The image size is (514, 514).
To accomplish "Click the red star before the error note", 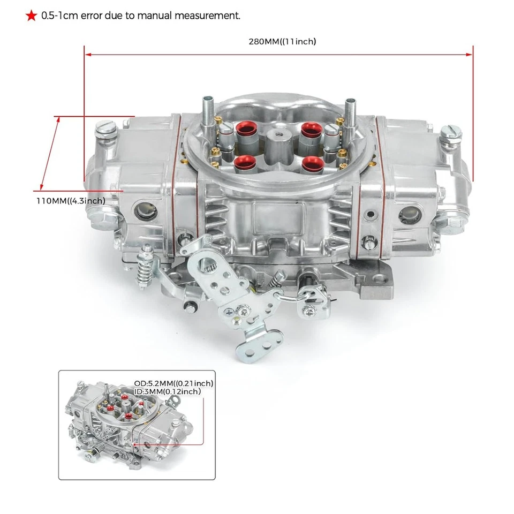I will coord(31,16).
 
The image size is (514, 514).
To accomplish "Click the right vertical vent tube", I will coord(351,110).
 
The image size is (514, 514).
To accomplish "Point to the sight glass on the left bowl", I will coord(146,212).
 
